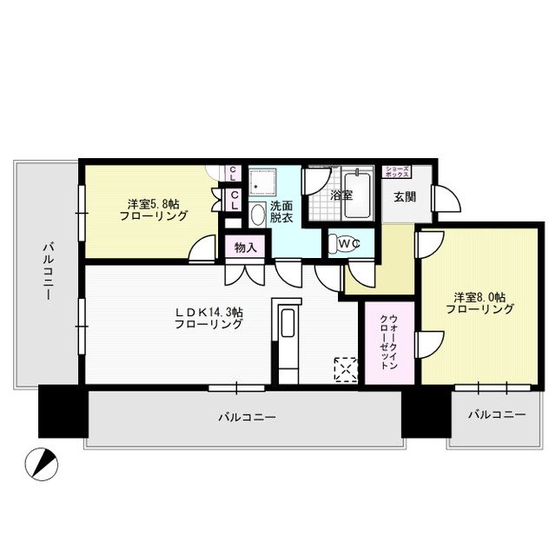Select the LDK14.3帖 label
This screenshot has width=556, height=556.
tap(208, 317)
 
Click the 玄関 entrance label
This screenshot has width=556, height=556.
tap(404, 196)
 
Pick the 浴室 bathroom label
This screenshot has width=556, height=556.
tap(341, 196)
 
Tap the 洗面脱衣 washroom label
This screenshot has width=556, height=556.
tap(281, 213)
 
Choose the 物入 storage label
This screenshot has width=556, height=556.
tap(245, 248)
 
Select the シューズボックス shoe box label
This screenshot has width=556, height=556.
tap(398, 171)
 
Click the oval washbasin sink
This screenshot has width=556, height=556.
tap(258, 215)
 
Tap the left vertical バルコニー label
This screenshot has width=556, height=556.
tap(48, 272)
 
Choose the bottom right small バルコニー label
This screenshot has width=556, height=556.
tap(496, 415)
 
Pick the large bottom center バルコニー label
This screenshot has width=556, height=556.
tap(247, 418)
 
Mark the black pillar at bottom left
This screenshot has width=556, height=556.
tap(63, 411)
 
